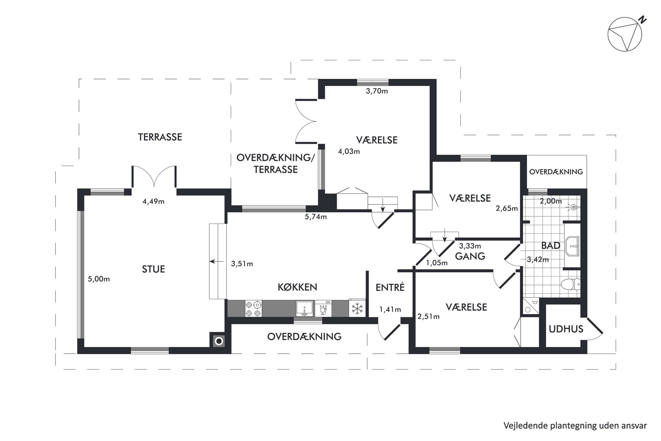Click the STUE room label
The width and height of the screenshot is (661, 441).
154,269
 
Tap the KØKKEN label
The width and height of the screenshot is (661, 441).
298,287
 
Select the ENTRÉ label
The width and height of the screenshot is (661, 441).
390,287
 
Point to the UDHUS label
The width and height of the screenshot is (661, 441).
566,329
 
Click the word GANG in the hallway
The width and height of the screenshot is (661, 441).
470,256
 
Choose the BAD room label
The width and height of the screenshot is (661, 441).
551,246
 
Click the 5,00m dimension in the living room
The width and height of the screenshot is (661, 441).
99,279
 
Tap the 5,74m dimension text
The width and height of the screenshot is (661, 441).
316,217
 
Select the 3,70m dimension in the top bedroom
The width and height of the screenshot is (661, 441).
377,91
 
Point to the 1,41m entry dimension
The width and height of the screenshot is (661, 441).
390,310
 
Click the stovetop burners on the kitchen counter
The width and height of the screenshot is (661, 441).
253,308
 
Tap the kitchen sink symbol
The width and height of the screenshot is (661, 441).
305,308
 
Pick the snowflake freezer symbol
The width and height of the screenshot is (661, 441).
357,309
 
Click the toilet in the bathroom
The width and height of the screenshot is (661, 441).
571,285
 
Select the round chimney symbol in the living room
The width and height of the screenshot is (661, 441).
219,341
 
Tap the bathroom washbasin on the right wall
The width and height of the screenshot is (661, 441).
572,246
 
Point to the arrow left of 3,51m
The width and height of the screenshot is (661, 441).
217,262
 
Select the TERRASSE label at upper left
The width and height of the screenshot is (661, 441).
160,137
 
